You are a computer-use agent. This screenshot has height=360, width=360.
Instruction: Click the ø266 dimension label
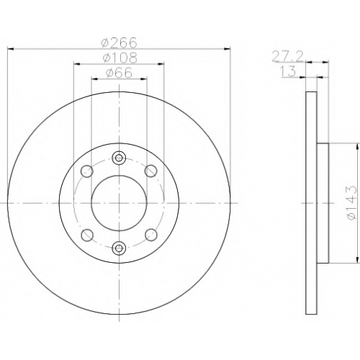tap(119, 42)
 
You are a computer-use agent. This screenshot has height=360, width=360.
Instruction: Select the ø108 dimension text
tap(120, 58)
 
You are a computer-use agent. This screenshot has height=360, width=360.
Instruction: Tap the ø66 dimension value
tap(119, 73)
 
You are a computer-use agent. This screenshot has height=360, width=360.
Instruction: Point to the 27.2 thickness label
tap(288, 57)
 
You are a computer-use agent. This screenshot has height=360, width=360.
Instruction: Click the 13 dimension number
tap(288, 71)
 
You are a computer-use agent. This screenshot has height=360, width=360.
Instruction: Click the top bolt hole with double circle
tap(119, 158)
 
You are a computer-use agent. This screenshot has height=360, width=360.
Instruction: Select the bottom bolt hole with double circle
tap(119, 248)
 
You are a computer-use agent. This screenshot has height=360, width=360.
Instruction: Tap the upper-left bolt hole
tap(87, 171)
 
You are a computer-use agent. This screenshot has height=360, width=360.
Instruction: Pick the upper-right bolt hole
tap(151, 171)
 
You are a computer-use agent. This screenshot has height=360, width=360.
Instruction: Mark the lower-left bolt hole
tap(87, 235)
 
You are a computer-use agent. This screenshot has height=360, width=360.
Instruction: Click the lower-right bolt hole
tap(151, 235)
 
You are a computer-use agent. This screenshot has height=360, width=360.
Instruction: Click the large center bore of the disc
tap(119, 203)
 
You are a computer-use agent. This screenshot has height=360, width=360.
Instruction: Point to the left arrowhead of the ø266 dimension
tap(11, 49)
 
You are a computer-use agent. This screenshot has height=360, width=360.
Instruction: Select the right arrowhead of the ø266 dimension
tap(227, 49)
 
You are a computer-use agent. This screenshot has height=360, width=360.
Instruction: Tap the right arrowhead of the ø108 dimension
tap(161, 64)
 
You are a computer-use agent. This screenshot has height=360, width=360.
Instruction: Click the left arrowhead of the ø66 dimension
tap(95, 78)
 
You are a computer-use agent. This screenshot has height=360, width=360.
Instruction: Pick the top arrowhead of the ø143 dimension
tap(359, 147)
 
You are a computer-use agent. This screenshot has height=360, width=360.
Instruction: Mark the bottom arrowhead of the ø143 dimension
tap(359, 260)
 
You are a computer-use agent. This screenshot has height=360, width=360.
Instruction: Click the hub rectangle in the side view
tap(323, 203)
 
